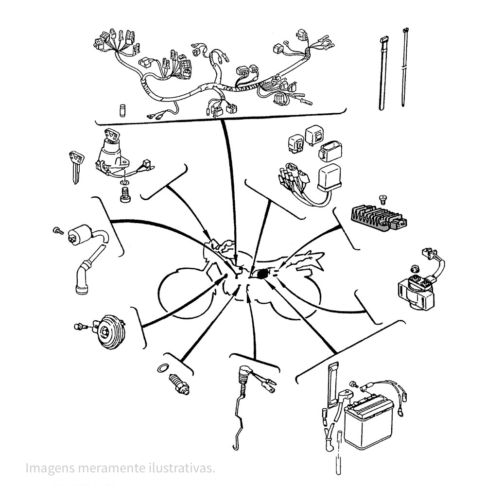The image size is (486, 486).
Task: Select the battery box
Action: (368, 422)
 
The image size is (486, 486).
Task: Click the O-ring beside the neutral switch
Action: (164, 368)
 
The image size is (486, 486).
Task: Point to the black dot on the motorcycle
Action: (263, 274)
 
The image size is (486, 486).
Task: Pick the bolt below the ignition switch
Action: (124, 196)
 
